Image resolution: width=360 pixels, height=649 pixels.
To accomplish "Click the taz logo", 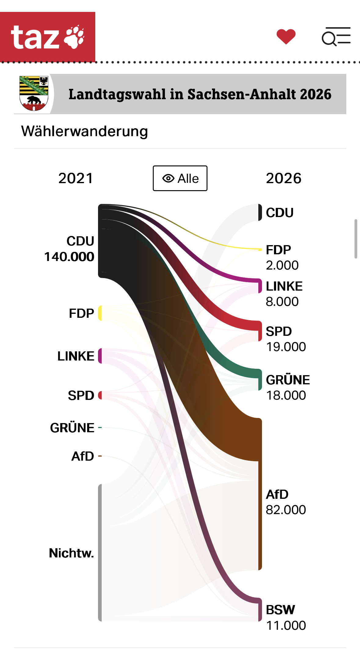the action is [48, 37].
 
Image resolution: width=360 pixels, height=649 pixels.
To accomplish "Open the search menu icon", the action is [336, 37].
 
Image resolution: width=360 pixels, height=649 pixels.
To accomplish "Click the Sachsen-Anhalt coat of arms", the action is [34, 93].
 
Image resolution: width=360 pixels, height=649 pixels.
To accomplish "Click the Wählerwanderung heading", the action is [85, 131].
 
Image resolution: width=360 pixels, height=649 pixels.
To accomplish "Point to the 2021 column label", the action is [76, 178].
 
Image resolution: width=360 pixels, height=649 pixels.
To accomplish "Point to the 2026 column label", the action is [284, 178].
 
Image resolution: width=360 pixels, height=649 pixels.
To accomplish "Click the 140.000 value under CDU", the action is [69, 257].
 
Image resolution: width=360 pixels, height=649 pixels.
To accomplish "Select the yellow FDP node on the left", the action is [100, 313].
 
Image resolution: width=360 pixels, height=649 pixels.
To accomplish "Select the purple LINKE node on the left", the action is [100, 356].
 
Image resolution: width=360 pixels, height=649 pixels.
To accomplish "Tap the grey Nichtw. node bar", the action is [100, 553].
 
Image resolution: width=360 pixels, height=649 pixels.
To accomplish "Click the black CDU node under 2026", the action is [260, 212].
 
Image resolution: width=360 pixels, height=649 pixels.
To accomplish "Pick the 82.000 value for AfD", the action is [286, 510].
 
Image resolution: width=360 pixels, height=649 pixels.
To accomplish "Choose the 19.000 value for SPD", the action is [286, 347].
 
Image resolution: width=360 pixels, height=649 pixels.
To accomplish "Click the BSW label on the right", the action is [280, 610].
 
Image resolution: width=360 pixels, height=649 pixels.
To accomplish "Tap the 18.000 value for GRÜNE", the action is [286, 395].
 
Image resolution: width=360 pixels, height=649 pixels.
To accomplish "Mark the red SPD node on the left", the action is [100, 395].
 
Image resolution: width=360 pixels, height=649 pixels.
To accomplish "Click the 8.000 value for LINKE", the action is [282, 302].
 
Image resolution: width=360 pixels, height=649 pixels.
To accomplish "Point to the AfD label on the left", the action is [83, 456].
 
